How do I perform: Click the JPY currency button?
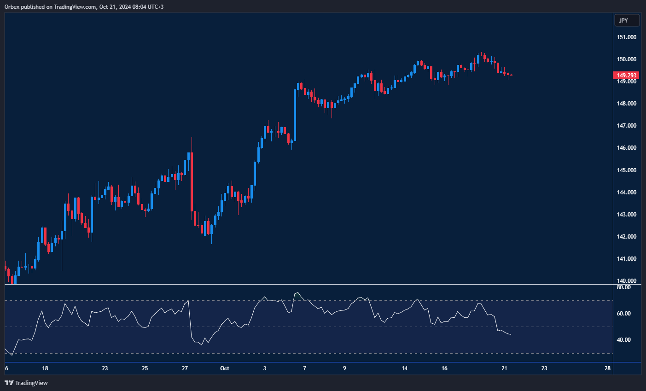tap(627, 20)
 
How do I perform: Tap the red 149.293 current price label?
tap(627, 75)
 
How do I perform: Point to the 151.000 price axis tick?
tap(627, 37)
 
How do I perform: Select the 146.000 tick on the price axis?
tap(627, 148)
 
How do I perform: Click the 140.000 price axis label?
tap(627, 280)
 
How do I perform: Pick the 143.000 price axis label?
tap(627, 215)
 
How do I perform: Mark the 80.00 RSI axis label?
tap(623, 287)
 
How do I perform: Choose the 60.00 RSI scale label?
tap(623, 314)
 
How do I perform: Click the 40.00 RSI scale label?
tap(623, 340)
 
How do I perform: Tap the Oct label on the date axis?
tap(225, 368)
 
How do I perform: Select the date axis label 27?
tap(185, 368)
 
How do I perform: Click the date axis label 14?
tap(404, 368)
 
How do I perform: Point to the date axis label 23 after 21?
tap(544, 368)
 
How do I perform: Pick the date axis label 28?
tap(608, 368)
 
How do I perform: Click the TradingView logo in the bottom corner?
tap(26, 383)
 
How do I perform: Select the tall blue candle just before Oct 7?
tap(295, 115)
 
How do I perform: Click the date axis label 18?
tap(45, 368)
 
